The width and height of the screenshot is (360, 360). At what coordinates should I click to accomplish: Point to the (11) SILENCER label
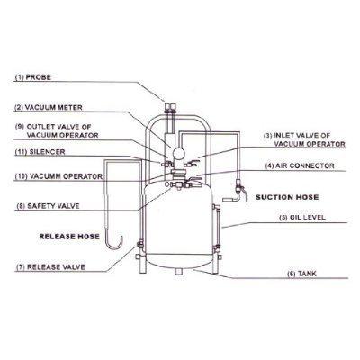pyautogui.click(x=39, y=155)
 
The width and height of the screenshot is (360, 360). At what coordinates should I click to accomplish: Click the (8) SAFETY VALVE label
pyautogui.click(x=44, y=205)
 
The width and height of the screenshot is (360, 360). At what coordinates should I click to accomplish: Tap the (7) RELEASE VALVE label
pyautogui.click(x=46, y=267)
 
